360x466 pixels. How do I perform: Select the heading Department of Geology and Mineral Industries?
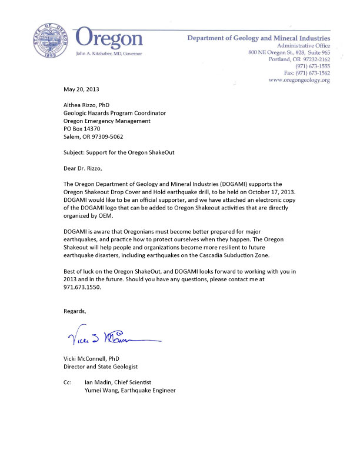click(258, 38)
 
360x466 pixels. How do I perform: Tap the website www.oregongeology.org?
click(299, 79)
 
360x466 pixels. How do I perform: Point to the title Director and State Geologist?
click(101, 366)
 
